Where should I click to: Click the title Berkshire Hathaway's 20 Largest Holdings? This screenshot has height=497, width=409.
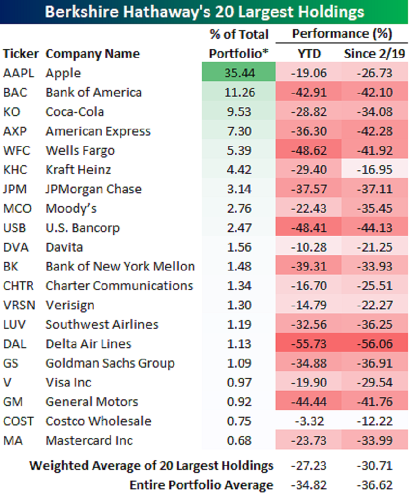click(204, 12)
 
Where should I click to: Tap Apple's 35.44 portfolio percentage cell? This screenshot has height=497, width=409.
click(238, 73)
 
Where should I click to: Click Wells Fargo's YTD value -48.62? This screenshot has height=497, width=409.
click(309, 151)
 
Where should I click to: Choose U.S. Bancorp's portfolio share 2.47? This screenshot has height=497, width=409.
click(238, 228)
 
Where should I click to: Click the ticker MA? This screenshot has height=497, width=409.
click(12, 441)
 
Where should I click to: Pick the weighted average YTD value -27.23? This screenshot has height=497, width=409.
click(309, 466)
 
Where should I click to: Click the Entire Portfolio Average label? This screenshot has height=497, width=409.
click(201, 485)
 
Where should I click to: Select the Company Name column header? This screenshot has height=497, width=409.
click(93, 54)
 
